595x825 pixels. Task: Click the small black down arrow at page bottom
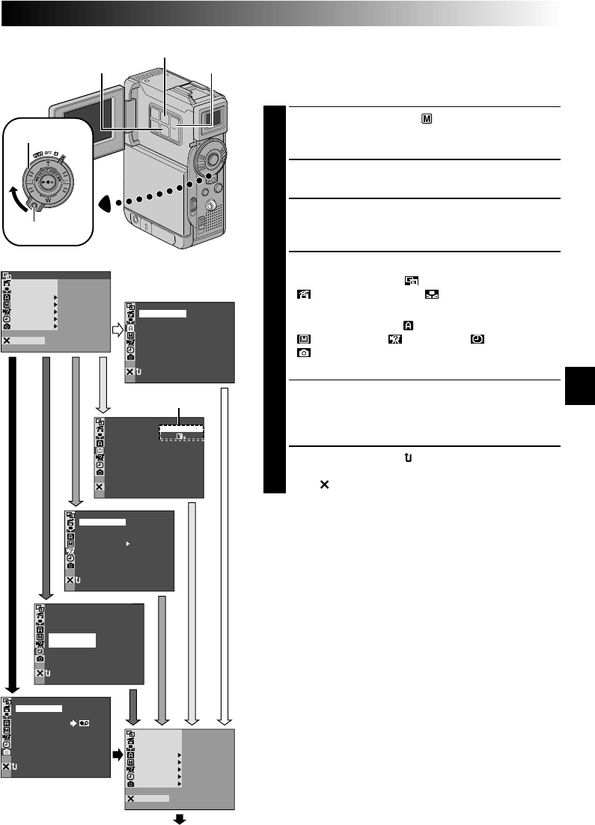pos(180,819)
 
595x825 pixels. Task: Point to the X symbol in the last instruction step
pos(324,485)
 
